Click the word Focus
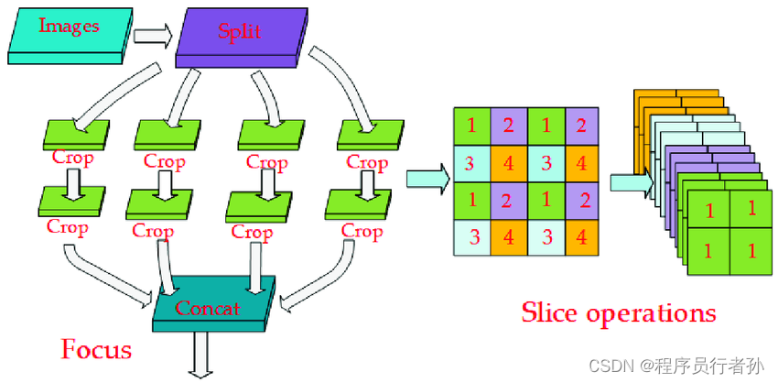[96, 349]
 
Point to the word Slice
[552, 312]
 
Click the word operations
[653, 313]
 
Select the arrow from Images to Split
[152, 36]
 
